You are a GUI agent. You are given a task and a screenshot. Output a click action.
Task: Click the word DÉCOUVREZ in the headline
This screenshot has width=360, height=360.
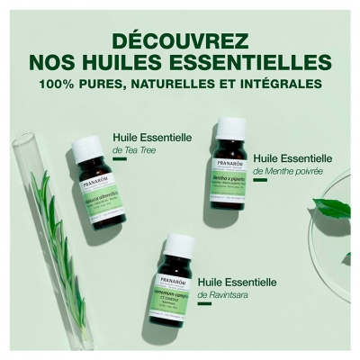click(x=180, y=41)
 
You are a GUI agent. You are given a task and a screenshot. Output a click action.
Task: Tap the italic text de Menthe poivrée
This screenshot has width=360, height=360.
click(x=285, y=171)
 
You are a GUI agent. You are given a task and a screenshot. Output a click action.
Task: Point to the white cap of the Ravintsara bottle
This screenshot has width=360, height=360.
click(x=180, y=246)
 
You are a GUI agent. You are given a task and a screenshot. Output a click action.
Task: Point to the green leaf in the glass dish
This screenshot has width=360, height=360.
click(x=335, y=208)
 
